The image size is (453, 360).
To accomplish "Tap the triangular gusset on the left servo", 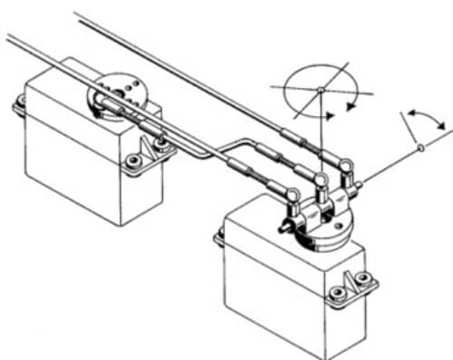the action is (x=148, y=147).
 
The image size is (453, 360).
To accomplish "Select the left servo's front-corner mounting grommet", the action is (x=134, y=161).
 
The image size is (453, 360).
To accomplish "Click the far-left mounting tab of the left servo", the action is (x=19, y=106).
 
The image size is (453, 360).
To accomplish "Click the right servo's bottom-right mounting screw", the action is (x=342, y=292).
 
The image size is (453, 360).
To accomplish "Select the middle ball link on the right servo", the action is (x=321, y=182).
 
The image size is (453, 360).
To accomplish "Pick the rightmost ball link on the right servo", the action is (x=347, y=167).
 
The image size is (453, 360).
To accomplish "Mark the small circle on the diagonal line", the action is (x=419, y=148).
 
